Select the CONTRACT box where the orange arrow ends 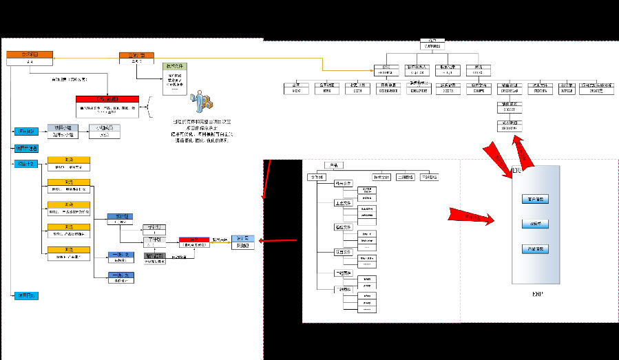click(x=388, y=70)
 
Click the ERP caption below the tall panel click(x=537, y=293)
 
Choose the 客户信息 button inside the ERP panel click(x=535, y=199)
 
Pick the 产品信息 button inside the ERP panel click(x=535, y=248)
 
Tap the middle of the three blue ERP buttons click(x=535, y=224)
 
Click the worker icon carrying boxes click(x=202, y=103)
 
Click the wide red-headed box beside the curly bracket click(x=108, y=105)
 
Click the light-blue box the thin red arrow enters click(x=242, y=241)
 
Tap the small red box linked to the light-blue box click(x=193, y=242)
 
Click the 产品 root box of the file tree click(x=335, y=165)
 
